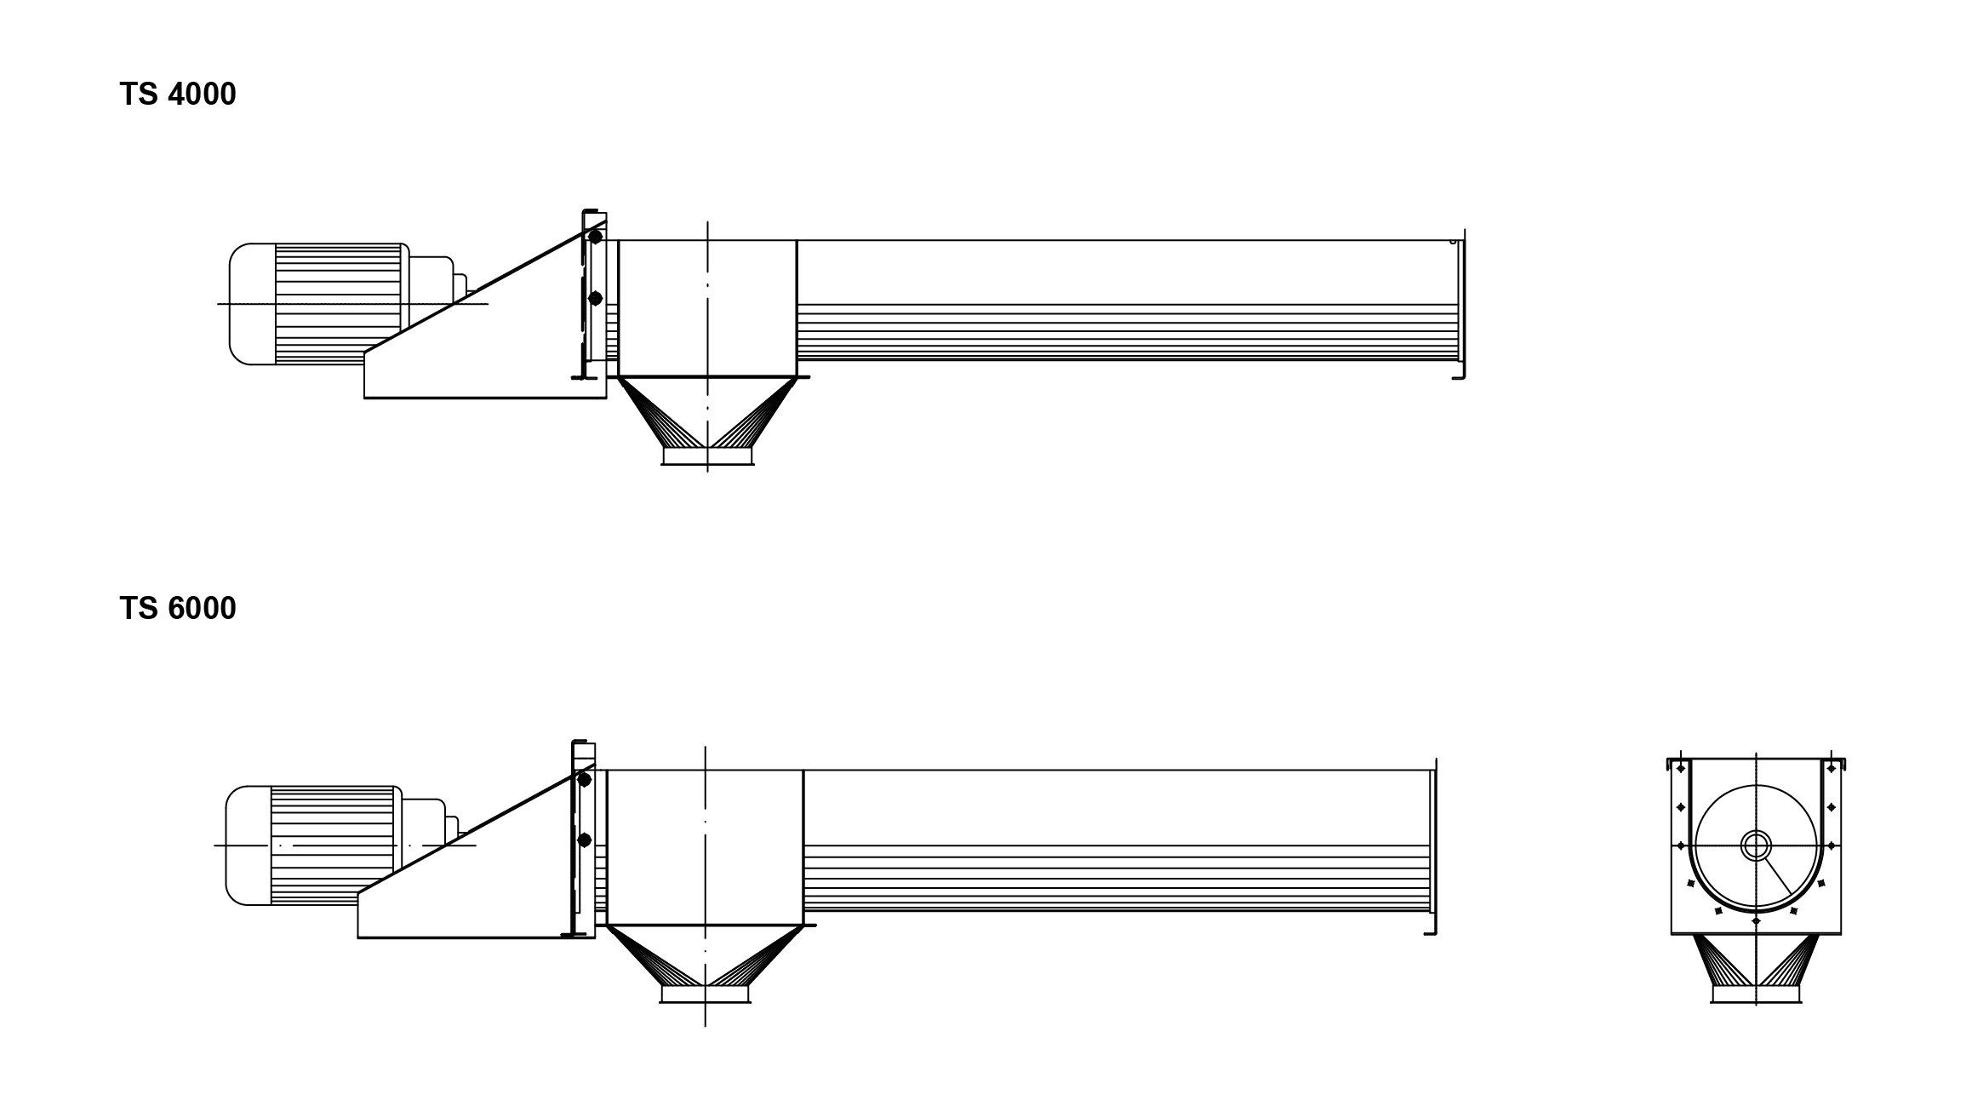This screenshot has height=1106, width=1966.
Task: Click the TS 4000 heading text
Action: pyautogui.click(x=177, y=94)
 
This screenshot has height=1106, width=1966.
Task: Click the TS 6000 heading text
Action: pyautogui.click(x=177, y=608)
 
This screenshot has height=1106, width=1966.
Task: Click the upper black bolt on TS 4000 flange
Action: pyautogui.click(x=595, y=238)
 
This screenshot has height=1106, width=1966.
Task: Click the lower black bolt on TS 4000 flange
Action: pyautogui.click(x=595, y=298)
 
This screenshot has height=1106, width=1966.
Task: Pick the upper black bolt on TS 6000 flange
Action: pyautogui.click(x=584, y=779)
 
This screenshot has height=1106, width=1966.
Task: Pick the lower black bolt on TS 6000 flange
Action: pyautogui.click(x=584, y=840)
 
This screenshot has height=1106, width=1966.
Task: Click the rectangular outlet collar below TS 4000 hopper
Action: pyautogui.click(x=707, y=456)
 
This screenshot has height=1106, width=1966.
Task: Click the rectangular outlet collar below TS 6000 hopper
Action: pyautogui.click(x=705, y=994)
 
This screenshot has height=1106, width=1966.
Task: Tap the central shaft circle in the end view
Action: pyautogui.click(x=1756, y=845)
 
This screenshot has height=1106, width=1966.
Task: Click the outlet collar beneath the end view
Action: pyautogui.click(x=1756, y=994)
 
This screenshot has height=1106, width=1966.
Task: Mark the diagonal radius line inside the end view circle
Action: pyautogui.click(x=1778, y=876)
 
